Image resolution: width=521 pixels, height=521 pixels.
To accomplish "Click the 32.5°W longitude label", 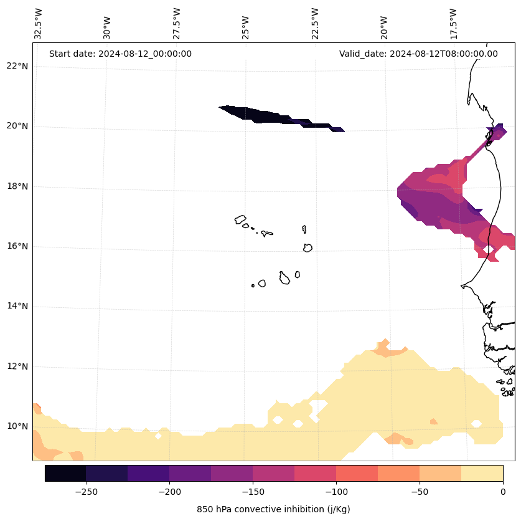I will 39,24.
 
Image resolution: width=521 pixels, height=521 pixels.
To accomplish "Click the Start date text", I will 120,54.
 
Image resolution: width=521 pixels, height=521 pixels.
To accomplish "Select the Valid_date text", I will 418,54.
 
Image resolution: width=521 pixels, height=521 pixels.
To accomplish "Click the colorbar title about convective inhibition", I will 273,509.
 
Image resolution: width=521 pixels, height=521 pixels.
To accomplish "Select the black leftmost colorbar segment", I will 65,473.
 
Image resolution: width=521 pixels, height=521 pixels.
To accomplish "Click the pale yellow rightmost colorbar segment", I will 482,473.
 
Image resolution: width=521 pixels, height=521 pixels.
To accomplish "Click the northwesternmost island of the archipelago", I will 240,219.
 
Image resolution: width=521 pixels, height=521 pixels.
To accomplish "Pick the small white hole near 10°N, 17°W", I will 476,424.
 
